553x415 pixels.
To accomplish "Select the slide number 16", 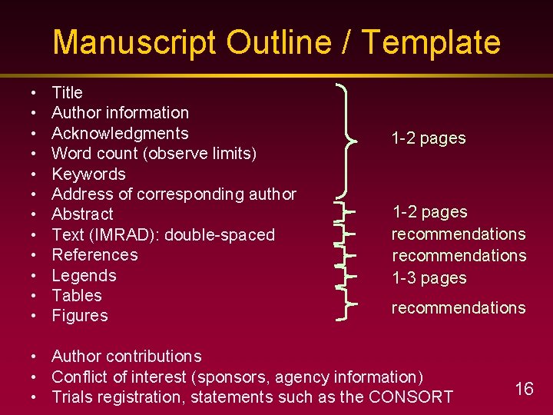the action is point(524,389).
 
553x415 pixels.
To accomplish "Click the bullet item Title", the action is point(67,93).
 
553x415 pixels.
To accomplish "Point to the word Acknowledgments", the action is point(120,133).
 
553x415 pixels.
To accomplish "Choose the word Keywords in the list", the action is point(88,174).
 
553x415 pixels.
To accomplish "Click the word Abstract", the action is point(82,214).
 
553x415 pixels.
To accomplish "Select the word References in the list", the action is point(94,254).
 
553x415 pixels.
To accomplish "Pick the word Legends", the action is point(84,275).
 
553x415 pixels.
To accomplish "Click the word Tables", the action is point(77,295).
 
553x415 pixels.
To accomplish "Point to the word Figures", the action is point(80,315).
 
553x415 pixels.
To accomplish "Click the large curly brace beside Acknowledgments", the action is point(350,140).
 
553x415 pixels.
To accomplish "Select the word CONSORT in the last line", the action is point(411,397).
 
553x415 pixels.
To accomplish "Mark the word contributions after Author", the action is point(154,357).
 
